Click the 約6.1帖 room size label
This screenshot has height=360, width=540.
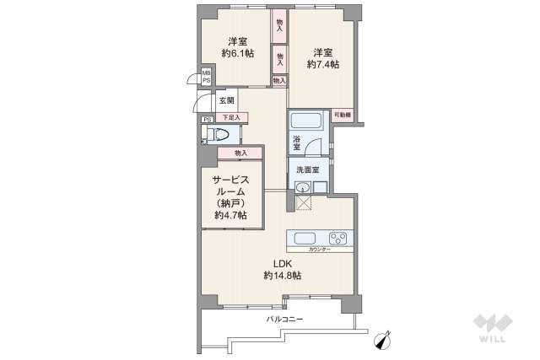click(x=237, y=53)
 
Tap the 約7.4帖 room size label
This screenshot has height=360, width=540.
click(x=323, y=64)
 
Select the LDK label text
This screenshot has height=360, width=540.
click(x=282, y=263)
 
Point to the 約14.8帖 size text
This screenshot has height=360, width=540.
click(x=282, y=276)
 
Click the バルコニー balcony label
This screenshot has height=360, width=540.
click(x=284, y=320)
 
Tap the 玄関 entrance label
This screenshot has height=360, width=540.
click(x=227, y=100)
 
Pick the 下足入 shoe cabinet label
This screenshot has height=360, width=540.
click(x=231, y=117)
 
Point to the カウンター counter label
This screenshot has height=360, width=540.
click(x=319, y=250)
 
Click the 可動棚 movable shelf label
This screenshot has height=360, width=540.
click(x=343, y=115)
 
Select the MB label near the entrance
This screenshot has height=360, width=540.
click(x=205, y=73)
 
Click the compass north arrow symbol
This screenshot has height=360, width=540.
click(x=385, y=340)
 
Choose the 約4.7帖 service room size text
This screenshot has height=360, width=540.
click(x=230, y=216)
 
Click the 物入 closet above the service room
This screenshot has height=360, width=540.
click(x=240, y=153)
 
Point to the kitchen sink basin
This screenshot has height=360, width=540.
click(x=304, y=237)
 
